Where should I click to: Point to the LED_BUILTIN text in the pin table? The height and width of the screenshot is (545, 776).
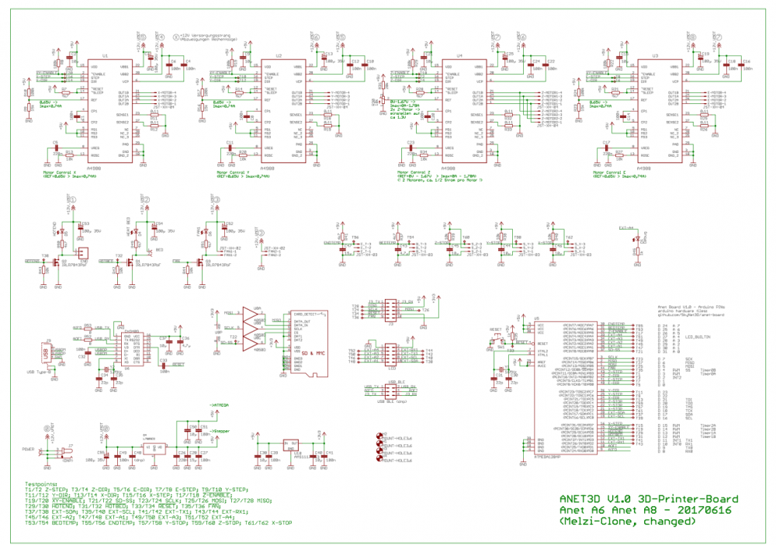698,337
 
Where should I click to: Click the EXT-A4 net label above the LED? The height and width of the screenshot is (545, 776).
627,228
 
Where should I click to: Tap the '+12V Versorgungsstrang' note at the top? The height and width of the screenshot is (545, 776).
210,34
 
